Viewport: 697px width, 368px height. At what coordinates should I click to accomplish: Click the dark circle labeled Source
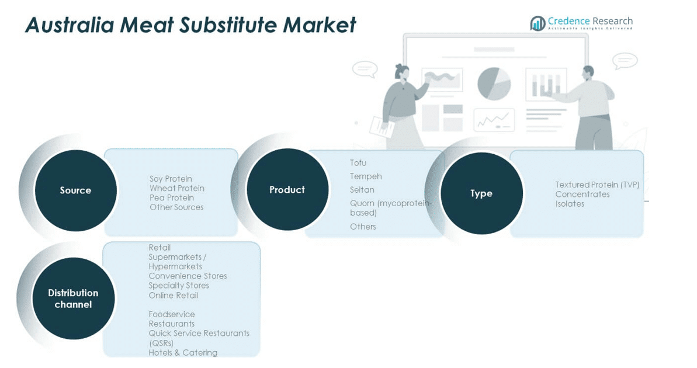coord(75,190)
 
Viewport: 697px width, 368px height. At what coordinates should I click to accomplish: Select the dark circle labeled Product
coord(287,190)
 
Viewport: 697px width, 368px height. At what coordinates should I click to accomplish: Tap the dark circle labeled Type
coord(481,193)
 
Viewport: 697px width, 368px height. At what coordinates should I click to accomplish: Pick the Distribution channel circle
coord(73,298)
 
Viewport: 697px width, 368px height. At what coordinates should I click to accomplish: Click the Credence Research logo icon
coord(538,23)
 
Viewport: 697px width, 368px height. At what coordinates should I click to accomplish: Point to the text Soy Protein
coord(171,179)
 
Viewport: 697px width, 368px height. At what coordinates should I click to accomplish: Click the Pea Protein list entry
coord(172,197)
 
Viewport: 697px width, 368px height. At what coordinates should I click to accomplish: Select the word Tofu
coord(358,163)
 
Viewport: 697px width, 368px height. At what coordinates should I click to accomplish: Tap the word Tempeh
coord(366,176)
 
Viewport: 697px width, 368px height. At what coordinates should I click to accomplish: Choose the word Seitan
coord(362,190)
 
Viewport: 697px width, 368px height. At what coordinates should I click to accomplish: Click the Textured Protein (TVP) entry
coord(597,185)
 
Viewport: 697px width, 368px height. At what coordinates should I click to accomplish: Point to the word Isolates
coord(570,204)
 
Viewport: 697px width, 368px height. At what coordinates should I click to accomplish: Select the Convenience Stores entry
coord(188,276)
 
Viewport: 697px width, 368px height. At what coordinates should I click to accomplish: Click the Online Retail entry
coord(173,295)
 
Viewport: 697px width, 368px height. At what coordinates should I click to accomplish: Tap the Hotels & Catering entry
coord(183,352)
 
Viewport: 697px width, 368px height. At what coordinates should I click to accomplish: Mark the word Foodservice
coord(172,314)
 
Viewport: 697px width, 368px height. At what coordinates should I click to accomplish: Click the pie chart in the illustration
coord(494,84)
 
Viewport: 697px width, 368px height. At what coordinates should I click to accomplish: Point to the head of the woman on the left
coord(402,72)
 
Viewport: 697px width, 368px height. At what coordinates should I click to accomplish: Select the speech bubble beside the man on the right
coord(625,60)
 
